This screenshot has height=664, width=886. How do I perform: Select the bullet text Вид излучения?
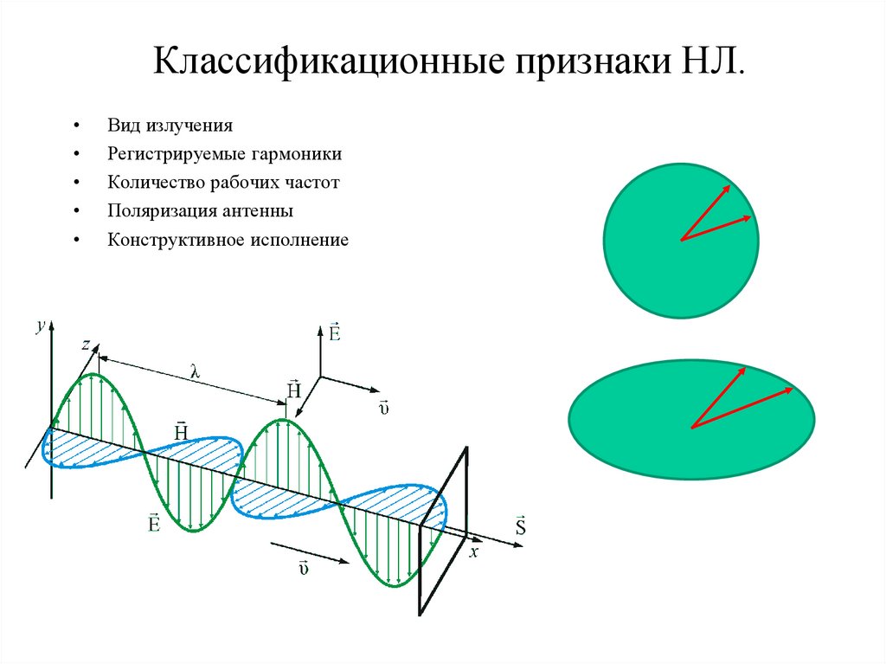[x=170, y=126]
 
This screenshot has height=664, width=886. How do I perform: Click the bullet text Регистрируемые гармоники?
[x=225, y=154]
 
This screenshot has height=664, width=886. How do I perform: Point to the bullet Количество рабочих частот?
[x=224, y=183]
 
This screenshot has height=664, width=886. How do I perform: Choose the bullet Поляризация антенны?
[x=201, y=210]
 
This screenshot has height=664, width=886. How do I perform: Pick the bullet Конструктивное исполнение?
[x=228, y=239]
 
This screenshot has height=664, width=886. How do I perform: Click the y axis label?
[x=39, y=326]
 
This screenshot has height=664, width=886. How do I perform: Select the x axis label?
[x=472, y=551]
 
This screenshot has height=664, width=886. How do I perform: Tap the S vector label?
[x=520, y=526]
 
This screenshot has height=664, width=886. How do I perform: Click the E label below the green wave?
[x=153, y=523]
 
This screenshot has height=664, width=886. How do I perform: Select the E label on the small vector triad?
[x=334, y=332]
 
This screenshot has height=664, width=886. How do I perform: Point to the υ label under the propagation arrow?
[x=304, y=567]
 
